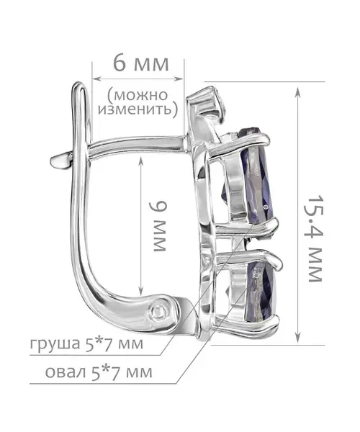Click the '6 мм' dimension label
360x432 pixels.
click(x=140, y=63)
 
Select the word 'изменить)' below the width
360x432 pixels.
click(x=138, y=109)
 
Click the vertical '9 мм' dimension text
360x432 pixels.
click(x=158, y=226)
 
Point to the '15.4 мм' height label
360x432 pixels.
click(x=315, y=238)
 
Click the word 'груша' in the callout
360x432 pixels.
click(x=55, y=344)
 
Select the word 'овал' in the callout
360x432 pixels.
click(x=66, y=372)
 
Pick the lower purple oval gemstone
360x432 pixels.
click(x=263, y=292)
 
